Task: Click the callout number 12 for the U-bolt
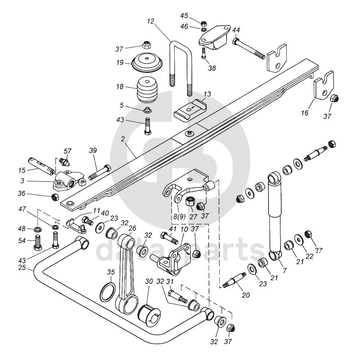tap(150, 21)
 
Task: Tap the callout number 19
tap(120, 62)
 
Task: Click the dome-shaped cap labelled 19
tap(147, 62)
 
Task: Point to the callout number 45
tap(184, 16)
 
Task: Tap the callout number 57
tap(67, 151)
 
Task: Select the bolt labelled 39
tap(100, 173)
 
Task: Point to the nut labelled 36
tap(55, 197)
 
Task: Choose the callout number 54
tap(22, 241)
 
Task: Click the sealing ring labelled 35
tap(108, 292)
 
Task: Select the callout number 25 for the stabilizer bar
tap(22, 268)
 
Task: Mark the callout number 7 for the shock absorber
tap(285, 271)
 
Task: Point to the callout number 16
tap(305, 113)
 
